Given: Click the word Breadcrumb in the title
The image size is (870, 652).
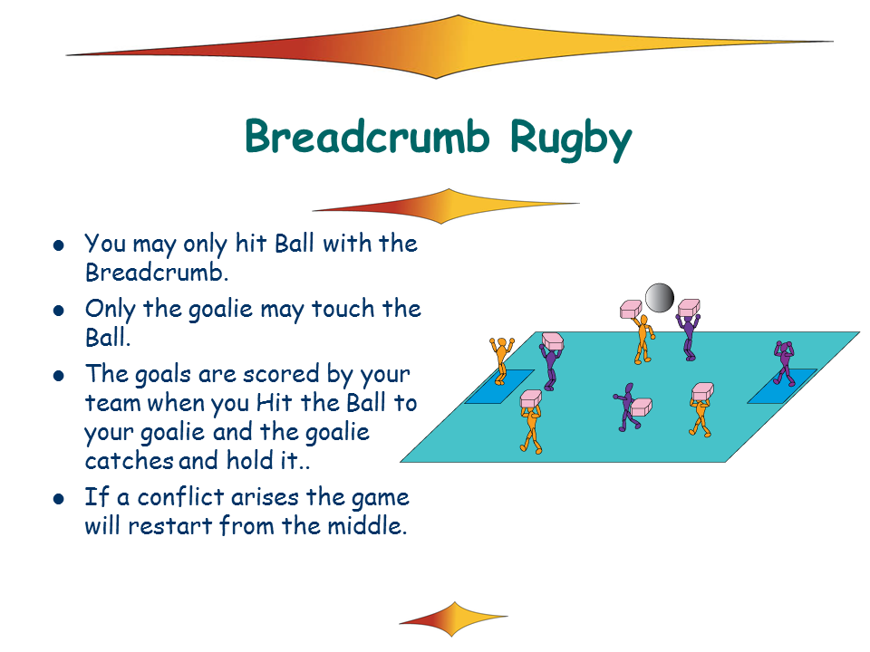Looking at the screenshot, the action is tap(367, 137).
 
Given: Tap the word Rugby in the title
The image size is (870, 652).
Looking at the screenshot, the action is tap(571, 139).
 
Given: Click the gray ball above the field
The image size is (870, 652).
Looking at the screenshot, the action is tap(660, 298).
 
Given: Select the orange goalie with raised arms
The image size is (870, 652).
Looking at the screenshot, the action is tap(501, 360).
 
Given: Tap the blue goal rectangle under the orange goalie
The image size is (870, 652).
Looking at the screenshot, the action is tap(499, 387).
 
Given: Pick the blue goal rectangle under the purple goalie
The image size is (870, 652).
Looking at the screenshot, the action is tap(782, 387).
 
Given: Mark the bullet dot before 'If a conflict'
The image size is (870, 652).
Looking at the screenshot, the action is tap(59, 499).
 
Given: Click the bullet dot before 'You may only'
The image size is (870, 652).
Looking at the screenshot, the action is tap(59, 245).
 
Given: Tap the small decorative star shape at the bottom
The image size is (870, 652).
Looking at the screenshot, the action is tap(453, 618).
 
